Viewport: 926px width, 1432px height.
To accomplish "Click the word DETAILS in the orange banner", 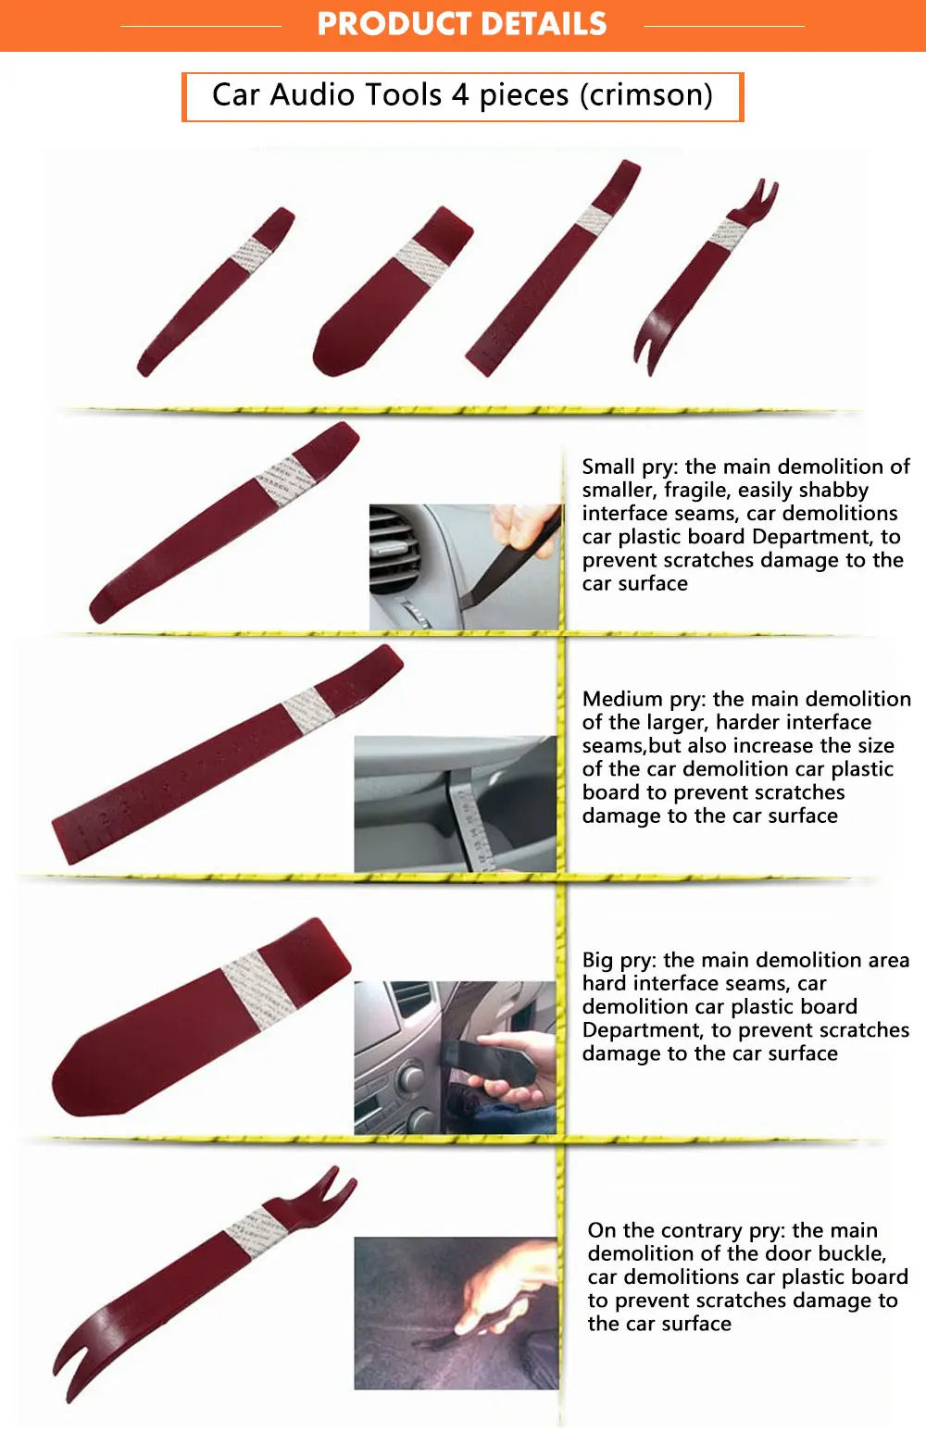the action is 543,24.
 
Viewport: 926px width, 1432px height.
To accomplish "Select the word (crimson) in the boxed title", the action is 646,95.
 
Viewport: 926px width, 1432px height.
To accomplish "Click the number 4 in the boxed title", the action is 460,94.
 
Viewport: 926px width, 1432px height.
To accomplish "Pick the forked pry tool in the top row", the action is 706,276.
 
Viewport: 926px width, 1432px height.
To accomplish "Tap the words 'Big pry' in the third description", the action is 618,960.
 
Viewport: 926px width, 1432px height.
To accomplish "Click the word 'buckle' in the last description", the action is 850,1253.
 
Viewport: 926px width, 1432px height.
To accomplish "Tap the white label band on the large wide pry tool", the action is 260,990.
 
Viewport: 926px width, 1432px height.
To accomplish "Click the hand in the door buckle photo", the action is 506,1284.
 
